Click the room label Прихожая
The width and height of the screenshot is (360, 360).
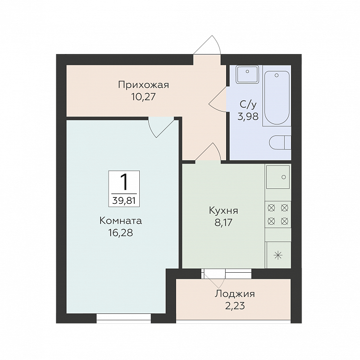pos(143,85)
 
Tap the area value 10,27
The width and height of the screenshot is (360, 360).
pos(143,97)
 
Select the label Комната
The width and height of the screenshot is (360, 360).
pos(120,221)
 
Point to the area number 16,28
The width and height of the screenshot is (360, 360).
pos(120,233)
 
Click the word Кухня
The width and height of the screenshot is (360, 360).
pos(224,211)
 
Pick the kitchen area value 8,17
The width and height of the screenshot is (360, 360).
pos(224,222)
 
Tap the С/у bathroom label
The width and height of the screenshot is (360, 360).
pos(248,105)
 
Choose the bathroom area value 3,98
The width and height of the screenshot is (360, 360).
pos(248,117)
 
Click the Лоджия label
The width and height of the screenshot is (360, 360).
pos(235,294)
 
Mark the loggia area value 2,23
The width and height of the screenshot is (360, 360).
pos(235,306)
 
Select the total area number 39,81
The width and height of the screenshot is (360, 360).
pos(124,201)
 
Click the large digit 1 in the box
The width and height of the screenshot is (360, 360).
pos(124,182)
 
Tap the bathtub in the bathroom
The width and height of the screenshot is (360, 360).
pos(277,98)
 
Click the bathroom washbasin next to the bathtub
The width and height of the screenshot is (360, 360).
pos(247,74)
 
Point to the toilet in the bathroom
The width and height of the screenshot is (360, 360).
pos(280,143)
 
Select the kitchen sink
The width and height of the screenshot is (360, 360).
pos(278,177)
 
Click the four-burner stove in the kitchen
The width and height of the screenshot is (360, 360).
pos(278,214)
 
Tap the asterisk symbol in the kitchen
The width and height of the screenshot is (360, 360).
pos(278,255)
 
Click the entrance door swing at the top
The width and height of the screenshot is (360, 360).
pos(207,45)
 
